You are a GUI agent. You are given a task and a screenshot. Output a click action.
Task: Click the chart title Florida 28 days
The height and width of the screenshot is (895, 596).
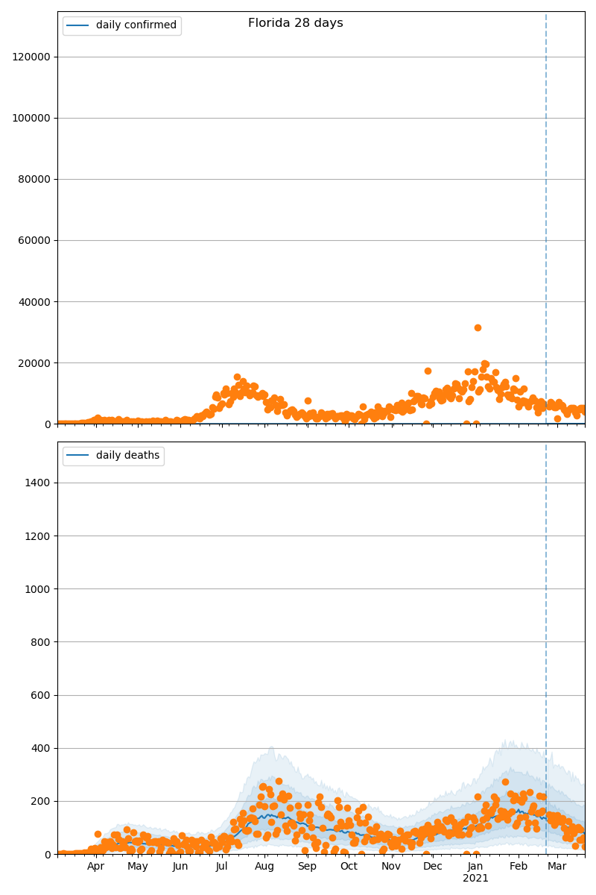tap(296, 23)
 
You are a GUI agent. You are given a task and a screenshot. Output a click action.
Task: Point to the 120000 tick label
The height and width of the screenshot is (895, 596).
tap(31, 57)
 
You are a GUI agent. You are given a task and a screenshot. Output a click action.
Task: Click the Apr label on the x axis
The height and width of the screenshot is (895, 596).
tap(95, 867)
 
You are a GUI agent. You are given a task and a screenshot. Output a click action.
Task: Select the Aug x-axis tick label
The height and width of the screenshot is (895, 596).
tap(264, 867)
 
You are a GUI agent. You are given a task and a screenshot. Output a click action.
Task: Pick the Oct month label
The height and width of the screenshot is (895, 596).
tap(349, 867)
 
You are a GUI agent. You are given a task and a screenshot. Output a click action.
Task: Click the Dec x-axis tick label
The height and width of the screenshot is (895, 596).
tap(433, 867)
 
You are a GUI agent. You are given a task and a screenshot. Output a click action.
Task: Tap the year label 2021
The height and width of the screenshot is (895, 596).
tap(475, 879)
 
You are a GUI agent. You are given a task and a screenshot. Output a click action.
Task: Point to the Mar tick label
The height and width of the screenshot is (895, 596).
tap(557, 867)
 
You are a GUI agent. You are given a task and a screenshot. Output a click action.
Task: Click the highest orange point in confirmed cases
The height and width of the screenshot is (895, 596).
tap(478, 327)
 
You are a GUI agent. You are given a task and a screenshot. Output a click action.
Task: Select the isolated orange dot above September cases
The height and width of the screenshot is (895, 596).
tap(308, 401)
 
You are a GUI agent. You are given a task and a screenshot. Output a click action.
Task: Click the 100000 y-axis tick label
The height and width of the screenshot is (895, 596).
tap(31, 118)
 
